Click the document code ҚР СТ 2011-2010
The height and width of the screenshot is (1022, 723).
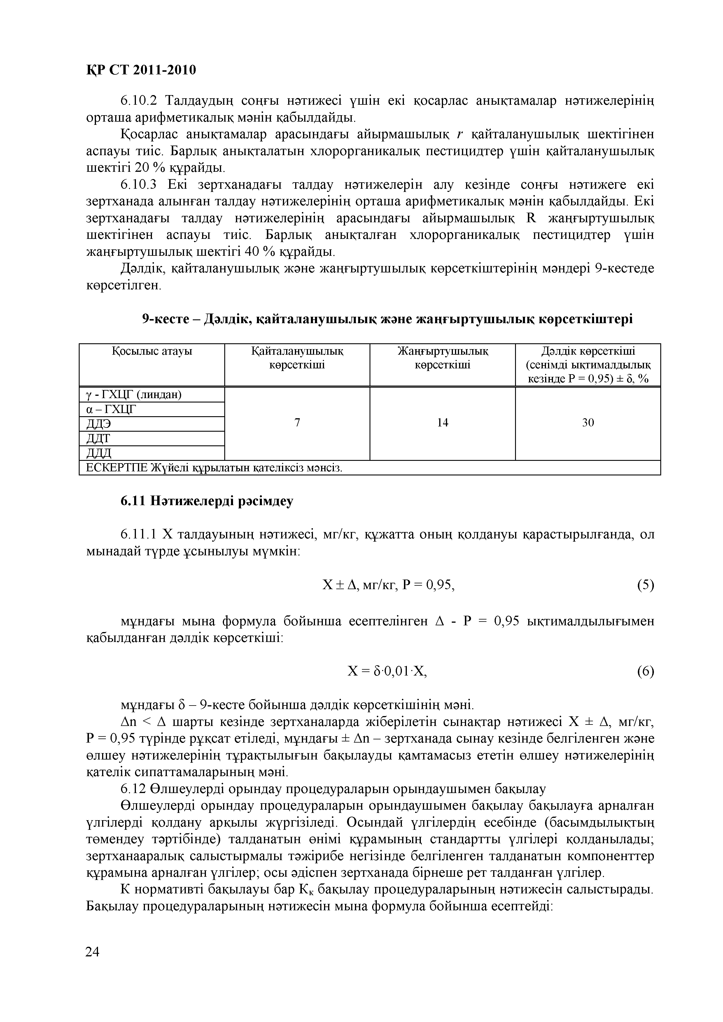[141, 70]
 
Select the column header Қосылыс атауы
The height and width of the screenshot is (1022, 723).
[152, 351]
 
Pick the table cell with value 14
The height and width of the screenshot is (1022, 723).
[442, 422]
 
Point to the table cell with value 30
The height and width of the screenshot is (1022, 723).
[588, 422]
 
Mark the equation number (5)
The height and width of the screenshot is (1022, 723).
[645, 584]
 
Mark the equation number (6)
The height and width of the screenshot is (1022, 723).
[645, 671]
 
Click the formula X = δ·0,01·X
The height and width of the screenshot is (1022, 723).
[387, 671]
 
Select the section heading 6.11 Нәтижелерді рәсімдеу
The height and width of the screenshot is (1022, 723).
[207, 501]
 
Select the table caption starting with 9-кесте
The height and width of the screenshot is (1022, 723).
[387, 319]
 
